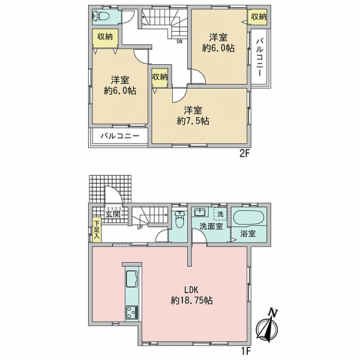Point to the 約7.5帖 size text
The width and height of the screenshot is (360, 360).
[196, 121]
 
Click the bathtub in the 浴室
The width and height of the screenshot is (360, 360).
[248, 217]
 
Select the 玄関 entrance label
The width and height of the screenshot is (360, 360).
[113, 213]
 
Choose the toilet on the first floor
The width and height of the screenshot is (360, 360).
[179, 220]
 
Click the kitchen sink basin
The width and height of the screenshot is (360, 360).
[132, 280]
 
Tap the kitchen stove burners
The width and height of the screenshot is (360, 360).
[131, 311]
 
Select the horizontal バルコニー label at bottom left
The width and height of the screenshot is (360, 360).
[119, 136]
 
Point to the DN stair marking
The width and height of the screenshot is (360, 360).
[179, 42]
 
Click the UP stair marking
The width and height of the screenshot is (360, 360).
[140, 227]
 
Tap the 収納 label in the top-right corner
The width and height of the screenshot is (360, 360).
[258, 17]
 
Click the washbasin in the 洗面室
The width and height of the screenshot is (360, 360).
[200, 214]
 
